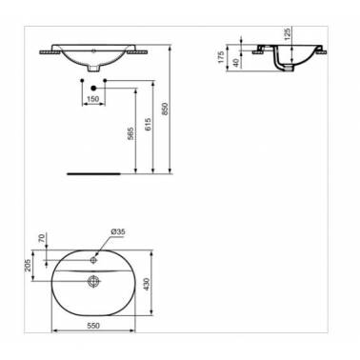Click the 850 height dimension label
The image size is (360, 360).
[x=165, y=109]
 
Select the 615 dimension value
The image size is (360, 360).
[x=148, y=124]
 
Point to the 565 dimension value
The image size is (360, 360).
[x=130, y=133]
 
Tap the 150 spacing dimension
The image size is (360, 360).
[x=92, y=99]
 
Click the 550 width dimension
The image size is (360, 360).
[x=93, y=326]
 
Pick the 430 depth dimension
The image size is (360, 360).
[x=146, y=286]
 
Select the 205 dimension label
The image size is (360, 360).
[x=28, y=266]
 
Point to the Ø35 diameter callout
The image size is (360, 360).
[x=118, y=231]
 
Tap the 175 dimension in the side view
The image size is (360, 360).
[x=221, y=57]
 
